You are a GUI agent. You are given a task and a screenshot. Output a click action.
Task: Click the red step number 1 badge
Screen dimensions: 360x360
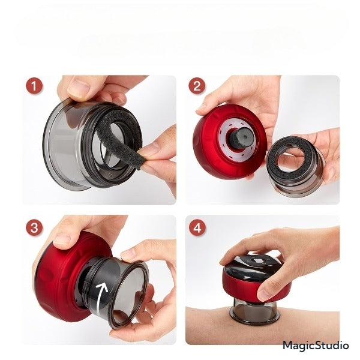tap(34, 86)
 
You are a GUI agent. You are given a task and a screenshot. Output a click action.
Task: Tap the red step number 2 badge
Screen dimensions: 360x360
tap(197, 86)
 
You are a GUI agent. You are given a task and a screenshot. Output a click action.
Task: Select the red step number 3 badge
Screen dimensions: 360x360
tap(34, 228)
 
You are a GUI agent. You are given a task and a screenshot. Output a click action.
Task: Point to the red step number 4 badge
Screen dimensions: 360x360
tap(197, 228)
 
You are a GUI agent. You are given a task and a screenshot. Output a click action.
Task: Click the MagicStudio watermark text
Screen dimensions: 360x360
tap(316, 346)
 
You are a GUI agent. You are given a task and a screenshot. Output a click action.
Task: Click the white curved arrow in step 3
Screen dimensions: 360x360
tap(100, 296)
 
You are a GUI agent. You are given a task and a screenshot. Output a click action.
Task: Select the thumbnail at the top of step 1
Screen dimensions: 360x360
tap(79, 88)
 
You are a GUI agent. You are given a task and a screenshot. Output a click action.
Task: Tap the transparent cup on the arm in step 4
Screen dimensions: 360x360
tap(255, 311)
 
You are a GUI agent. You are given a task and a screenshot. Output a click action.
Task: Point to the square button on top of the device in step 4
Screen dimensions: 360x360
tap(256, 261)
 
